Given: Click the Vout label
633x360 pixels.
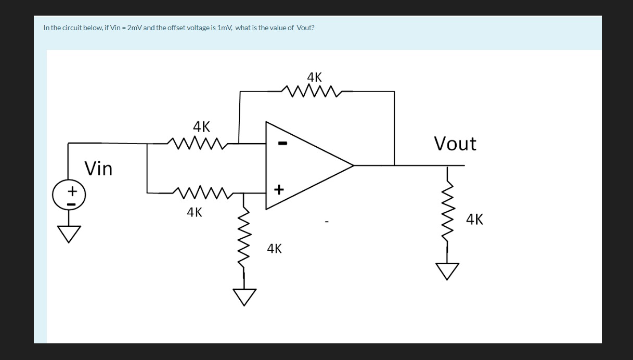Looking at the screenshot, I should coord(455,144).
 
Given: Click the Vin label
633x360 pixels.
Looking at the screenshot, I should coord(98,169).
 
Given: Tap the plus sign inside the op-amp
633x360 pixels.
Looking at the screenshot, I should coord(279,190).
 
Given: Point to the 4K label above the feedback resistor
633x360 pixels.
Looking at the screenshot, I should coord(314,78).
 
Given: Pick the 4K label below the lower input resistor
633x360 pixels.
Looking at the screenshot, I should coord(195,212).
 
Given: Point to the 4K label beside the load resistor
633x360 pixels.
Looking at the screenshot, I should coord(474,220).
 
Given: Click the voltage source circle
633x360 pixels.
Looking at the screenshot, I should coord(68,196).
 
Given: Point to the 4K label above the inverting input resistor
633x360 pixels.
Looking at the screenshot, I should coord(201,126).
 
